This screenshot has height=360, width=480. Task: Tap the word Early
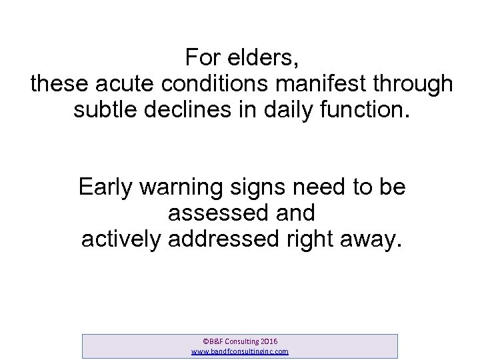tap(105, 187)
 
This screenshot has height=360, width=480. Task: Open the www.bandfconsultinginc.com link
tap(240, 351)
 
